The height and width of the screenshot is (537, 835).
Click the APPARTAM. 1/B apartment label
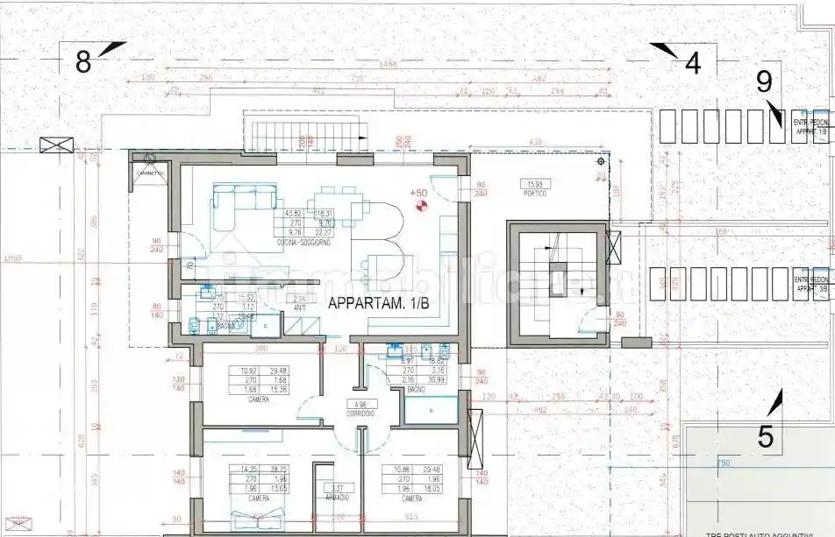click(x=378, y=304)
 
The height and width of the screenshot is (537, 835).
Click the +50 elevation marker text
click(x=417, y=193)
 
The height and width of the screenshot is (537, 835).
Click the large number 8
click(x=83, y=62)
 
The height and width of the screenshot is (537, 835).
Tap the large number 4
click(x=693, y=64)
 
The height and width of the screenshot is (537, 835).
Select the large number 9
click(x=764, y=81)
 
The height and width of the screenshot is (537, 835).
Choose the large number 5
click(x=766, y=436)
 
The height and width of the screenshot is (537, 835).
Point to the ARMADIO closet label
click(x=337, y=498)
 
